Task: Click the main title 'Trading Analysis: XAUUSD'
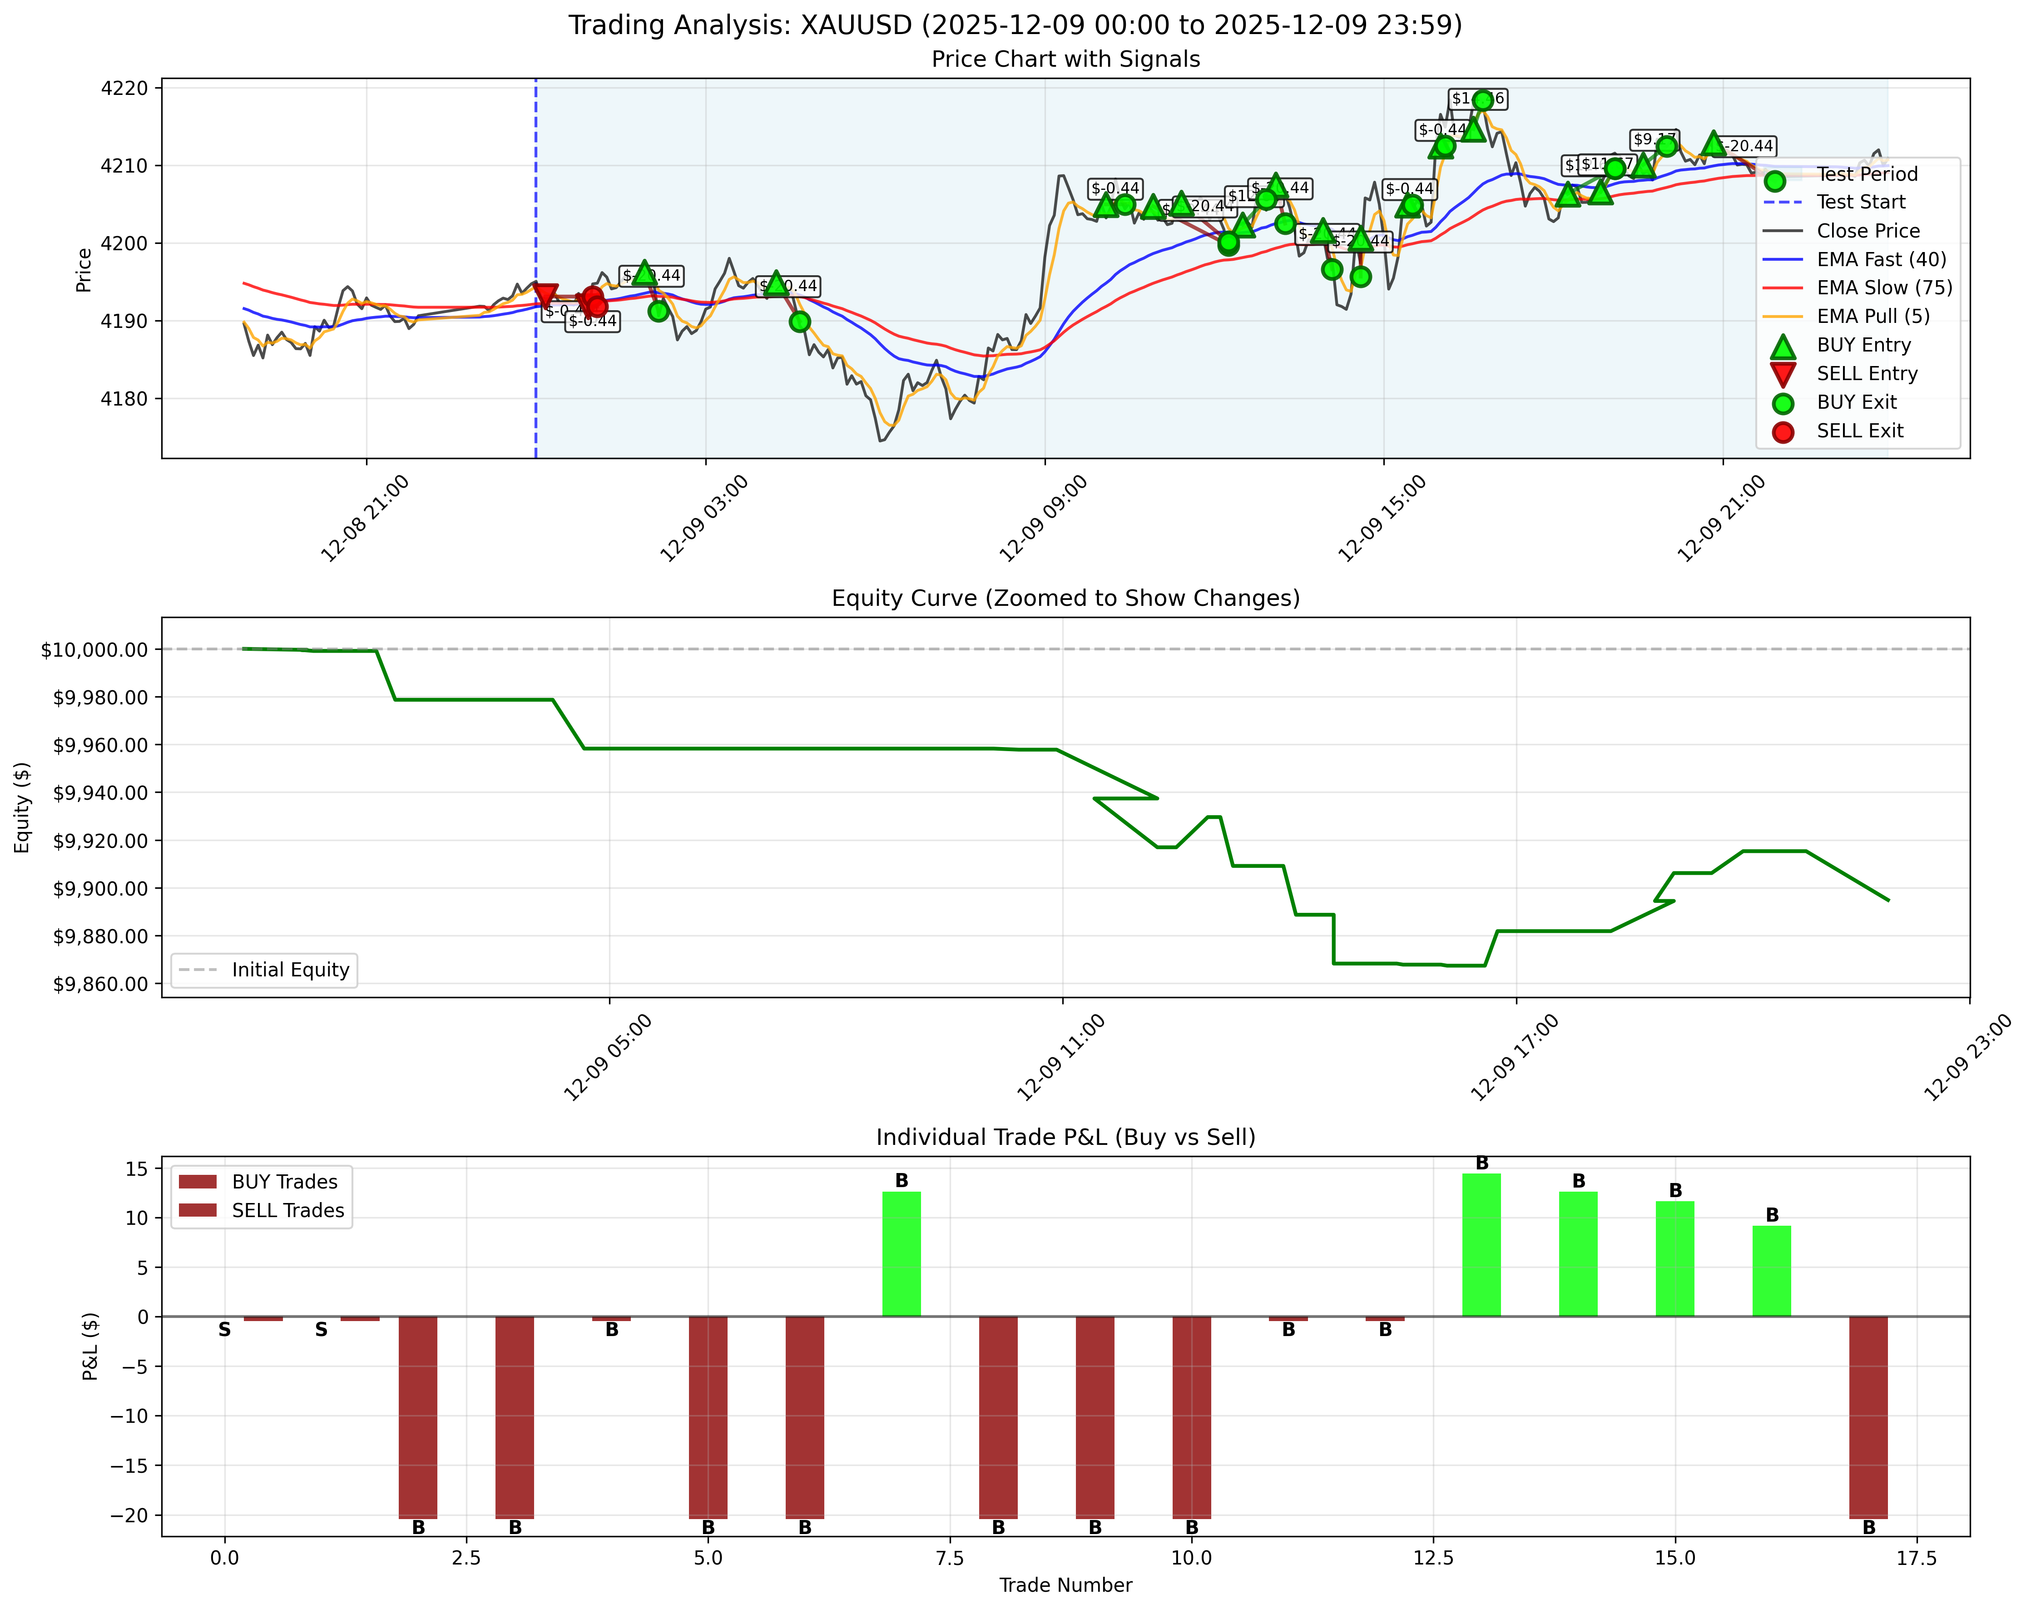click(1015, 25)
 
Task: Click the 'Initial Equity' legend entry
click(290, 970)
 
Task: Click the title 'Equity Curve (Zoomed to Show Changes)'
click(1065, 598)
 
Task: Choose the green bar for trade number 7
click(902, 1254)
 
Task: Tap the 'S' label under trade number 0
click(224, 1330)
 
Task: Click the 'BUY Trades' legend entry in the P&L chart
click(284, 1181)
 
